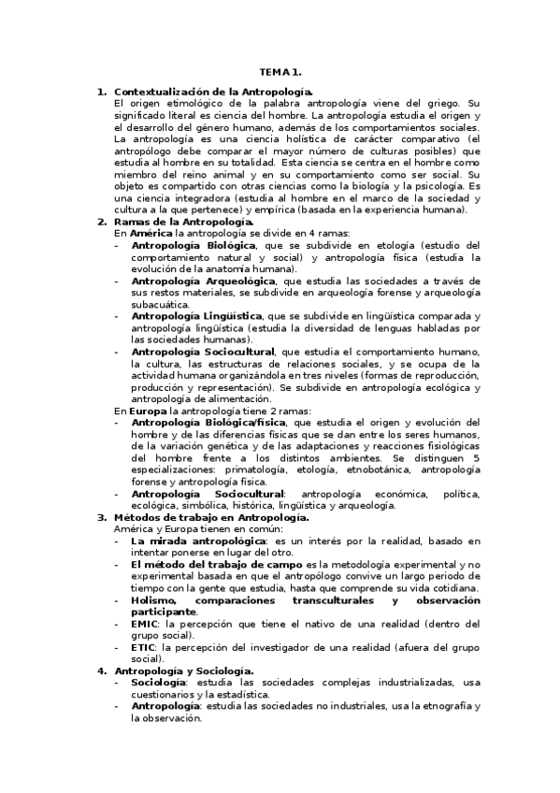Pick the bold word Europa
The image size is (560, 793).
tap(146, 410)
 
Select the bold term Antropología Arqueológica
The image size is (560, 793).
tap(203, 281)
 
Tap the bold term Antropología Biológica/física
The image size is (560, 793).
tap(209, 422)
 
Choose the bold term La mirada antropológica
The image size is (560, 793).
tap(197, 541)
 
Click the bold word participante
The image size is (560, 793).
tap(164, 612)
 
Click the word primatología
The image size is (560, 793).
tap(247, 470)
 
